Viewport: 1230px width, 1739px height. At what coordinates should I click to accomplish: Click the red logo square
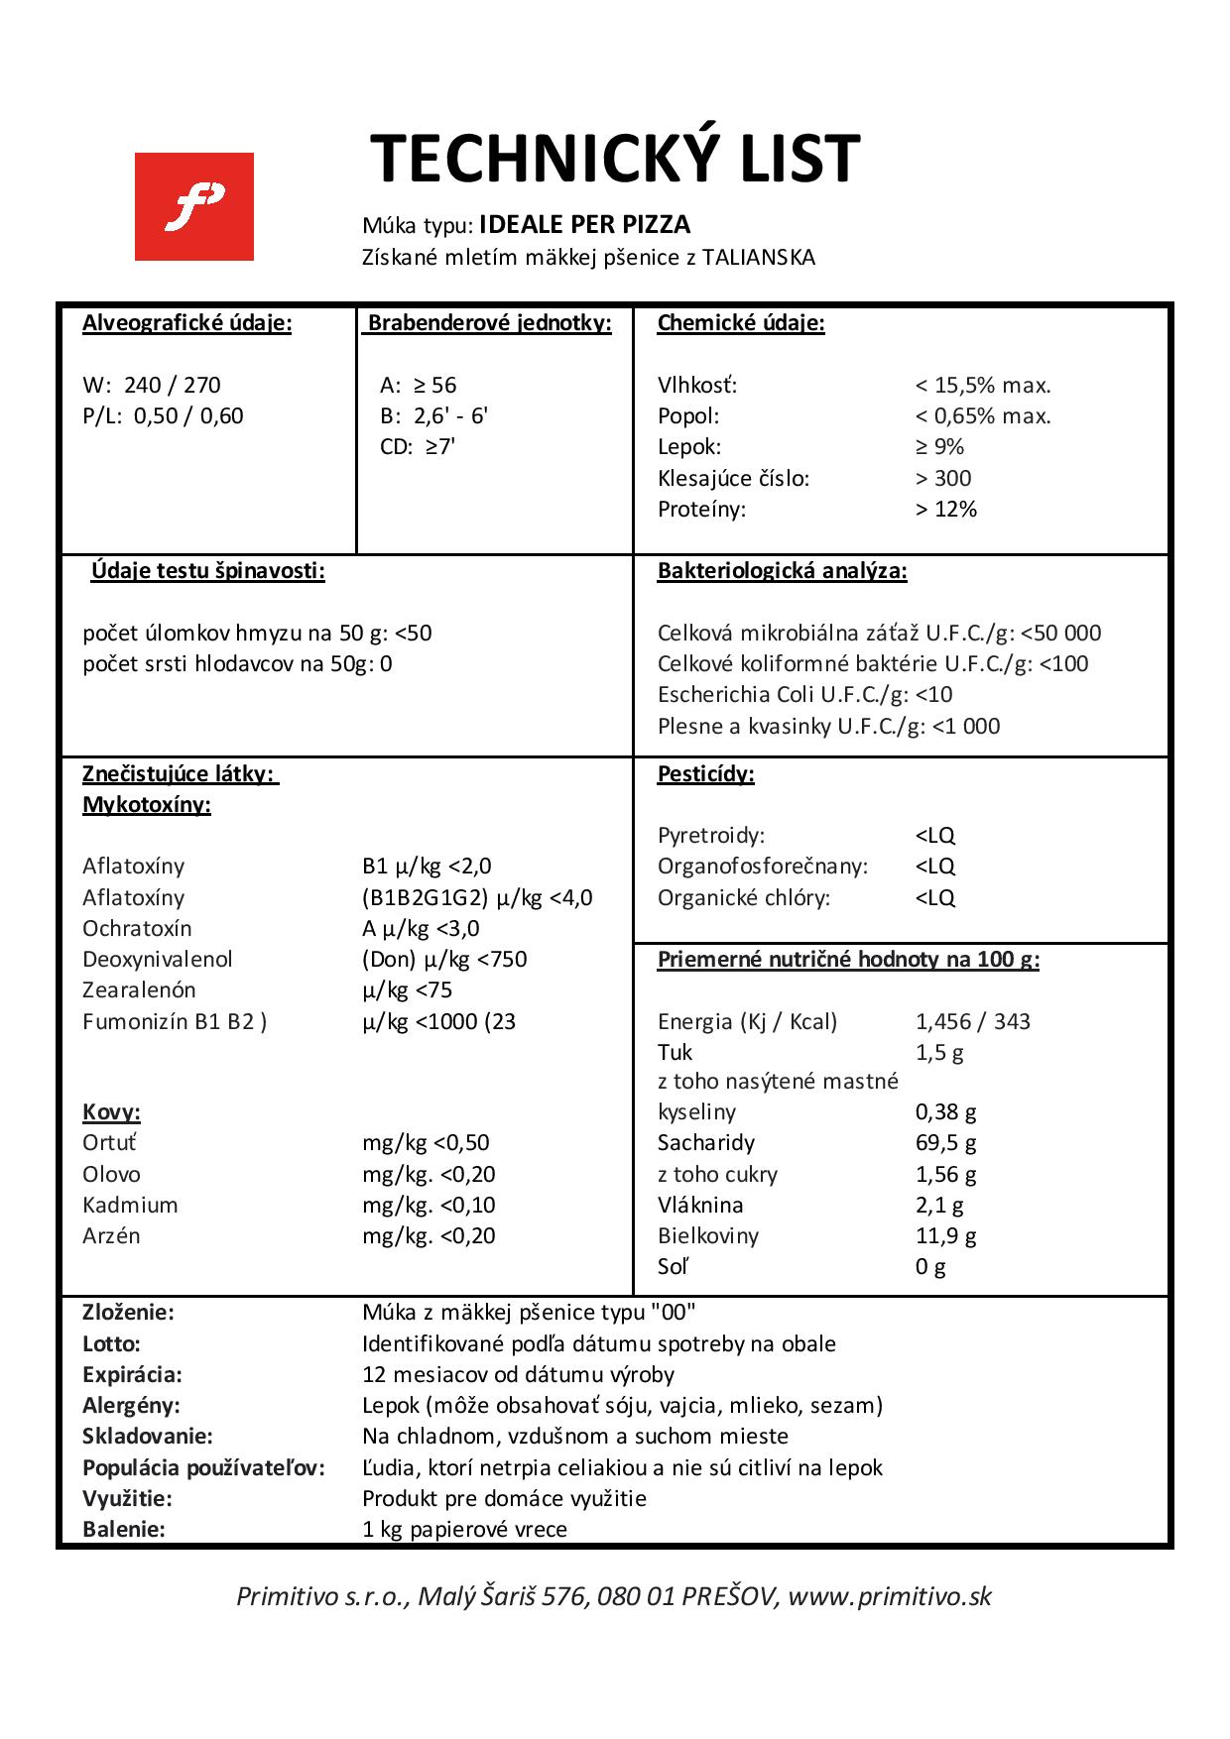pos(194,206)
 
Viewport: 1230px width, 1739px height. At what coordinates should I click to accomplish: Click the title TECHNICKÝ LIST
pos(615,160)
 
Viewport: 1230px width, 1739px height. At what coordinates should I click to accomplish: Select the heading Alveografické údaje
pos(186,323)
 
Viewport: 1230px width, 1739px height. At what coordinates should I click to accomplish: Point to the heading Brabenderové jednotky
pos(490,323)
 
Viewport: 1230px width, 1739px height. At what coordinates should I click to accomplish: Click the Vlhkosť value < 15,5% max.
pos(982,385)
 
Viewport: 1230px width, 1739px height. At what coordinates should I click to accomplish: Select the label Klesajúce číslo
pos(733,478)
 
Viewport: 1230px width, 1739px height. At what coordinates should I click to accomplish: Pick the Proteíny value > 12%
pos(945,509)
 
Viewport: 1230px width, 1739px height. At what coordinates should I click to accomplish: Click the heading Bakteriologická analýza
pos(782,571)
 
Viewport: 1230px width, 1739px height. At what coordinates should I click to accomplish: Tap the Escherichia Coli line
pos(804,694)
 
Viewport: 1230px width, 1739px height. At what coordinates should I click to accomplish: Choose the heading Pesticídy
pos(705,774)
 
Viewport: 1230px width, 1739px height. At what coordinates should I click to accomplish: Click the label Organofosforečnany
pos(762,866)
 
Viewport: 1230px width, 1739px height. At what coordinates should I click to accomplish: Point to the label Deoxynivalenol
pos(158,959)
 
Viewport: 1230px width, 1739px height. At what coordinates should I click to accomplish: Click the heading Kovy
pos(111,1111)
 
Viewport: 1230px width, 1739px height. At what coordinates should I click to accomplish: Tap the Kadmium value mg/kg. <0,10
pos(429,1205)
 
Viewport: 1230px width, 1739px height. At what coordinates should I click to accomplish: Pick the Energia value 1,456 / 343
pos(972,1021)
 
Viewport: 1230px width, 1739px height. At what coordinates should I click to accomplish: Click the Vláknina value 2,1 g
pos(938,1205)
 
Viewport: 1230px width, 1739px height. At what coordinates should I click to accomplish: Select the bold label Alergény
pos(131,1405)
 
